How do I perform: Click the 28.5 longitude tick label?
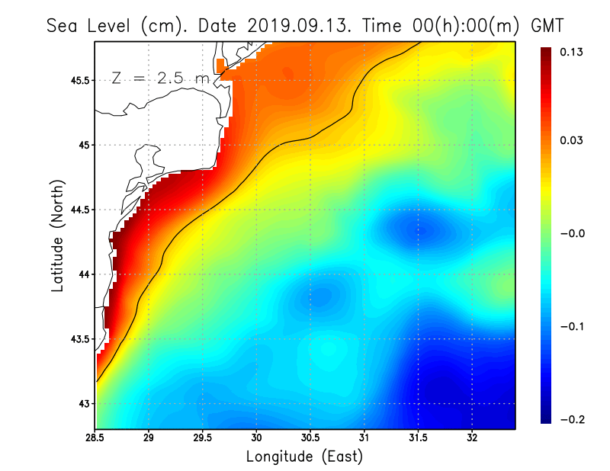95,437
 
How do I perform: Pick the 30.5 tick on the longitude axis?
310,437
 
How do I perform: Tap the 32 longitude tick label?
472,437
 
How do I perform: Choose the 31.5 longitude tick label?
418,437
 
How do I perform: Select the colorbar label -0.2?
573,419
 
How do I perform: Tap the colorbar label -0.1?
573,326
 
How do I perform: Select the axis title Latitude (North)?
58,235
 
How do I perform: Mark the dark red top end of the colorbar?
547,52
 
